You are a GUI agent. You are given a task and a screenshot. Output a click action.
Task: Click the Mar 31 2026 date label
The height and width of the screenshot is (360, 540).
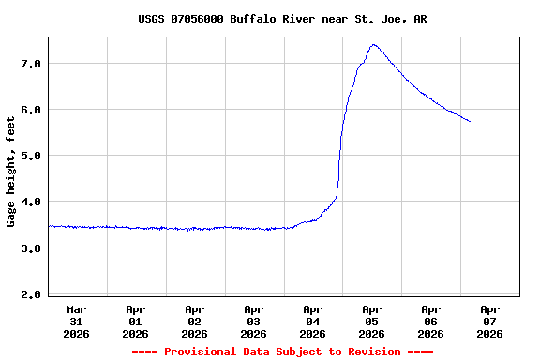coord(77,321)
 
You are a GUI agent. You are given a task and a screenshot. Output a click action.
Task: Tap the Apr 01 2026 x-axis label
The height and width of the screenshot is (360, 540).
coord(136,321)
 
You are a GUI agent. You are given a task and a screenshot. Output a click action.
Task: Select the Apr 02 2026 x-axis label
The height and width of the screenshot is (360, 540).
coord(195,321)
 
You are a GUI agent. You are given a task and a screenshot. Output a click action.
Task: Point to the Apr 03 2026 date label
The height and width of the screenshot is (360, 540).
coord(254,321)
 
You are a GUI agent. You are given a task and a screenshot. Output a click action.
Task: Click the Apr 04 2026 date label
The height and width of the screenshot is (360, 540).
coord(313,321)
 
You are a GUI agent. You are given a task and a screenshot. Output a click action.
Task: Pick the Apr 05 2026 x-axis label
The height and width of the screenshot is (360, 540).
coord(372,321)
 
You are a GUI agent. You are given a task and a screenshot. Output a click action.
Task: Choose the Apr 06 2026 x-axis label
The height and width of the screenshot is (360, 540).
coord(431,321)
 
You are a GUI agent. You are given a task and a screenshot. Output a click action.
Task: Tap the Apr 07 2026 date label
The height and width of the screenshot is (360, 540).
coord(489,321)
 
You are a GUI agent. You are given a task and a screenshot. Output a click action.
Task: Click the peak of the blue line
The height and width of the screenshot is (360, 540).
coord(373,44)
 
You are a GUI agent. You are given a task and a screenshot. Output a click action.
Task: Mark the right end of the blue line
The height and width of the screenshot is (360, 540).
coord(470,121)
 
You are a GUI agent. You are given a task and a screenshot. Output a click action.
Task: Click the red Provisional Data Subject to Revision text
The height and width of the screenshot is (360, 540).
coord(282,352)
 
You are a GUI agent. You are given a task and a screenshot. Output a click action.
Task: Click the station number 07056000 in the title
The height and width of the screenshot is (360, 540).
coord(195,19)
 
